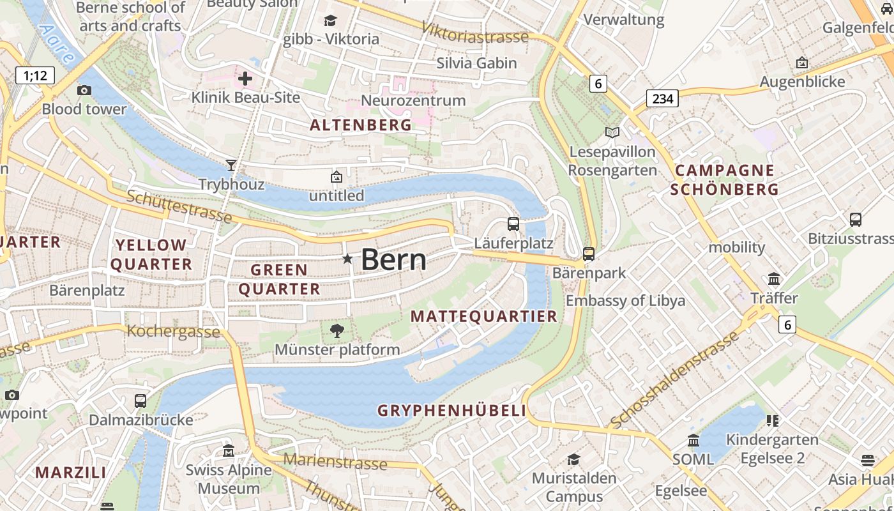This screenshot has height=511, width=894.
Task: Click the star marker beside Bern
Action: pos(347,259)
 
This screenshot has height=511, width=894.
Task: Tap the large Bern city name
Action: pos(393,259)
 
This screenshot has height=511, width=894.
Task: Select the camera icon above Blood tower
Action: pos(84,90)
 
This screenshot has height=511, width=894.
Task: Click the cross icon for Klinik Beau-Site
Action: pos(245,79)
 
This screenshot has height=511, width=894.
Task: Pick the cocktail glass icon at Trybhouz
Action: pos(231,165)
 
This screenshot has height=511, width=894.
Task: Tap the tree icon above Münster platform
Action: pos(337,330)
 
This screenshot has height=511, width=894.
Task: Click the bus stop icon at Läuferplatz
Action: pos(513,224)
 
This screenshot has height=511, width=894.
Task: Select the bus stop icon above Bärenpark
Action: pos(589,254)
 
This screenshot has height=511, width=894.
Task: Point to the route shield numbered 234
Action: pos(662,98)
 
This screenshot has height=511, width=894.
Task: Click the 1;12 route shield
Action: pos(35,76)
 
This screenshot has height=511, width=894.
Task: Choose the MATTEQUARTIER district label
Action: pos(484,316)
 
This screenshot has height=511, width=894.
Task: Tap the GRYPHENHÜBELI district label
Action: pos(451,411)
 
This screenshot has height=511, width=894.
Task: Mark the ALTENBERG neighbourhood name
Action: pos(361,125)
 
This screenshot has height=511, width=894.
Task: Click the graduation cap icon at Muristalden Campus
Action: pos(573,459)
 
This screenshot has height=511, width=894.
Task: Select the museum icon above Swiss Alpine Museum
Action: pos(229,451)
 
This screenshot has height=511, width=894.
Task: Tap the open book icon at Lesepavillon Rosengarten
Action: pos(612,132)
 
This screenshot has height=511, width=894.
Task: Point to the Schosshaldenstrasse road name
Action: pos(675,380)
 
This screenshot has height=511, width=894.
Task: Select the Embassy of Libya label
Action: pos(625,301)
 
